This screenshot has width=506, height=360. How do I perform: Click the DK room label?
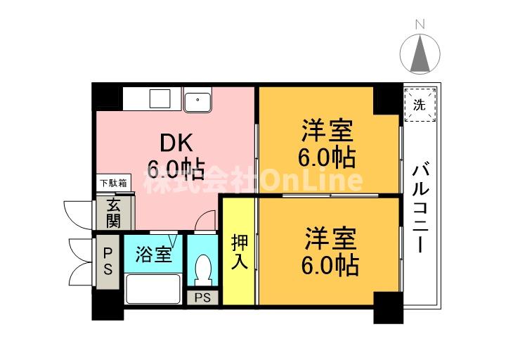point(173,143)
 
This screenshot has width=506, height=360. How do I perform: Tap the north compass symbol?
point(420,53)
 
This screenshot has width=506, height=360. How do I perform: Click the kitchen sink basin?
point(199,101)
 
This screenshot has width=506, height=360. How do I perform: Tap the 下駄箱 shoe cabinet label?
point(112,184)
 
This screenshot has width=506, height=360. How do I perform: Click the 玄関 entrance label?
point(113,212)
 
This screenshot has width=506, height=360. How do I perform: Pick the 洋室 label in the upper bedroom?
point(327,131)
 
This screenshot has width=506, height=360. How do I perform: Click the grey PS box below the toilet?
point(203,297)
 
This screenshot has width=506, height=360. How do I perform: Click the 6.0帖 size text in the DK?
point(175,169)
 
